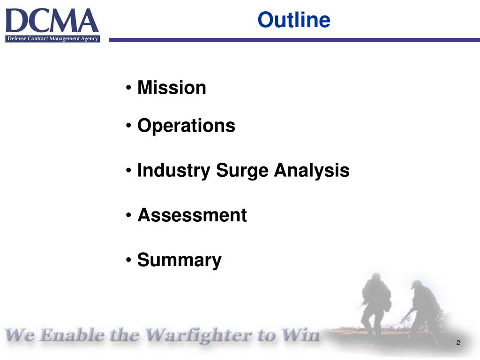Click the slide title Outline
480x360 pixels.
[294, 20]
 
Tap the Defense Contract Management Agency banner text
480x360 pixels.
[52, 38]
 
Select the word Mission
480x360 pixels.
[172, 88]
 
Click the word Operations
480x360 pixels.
[186, 126]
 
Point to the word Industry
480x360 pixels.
[173, 171]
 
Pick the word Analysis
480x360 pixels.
[312, 171]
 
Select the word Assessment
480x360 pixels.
[192, 216]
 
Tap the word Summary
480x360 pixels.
[179, 260]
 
